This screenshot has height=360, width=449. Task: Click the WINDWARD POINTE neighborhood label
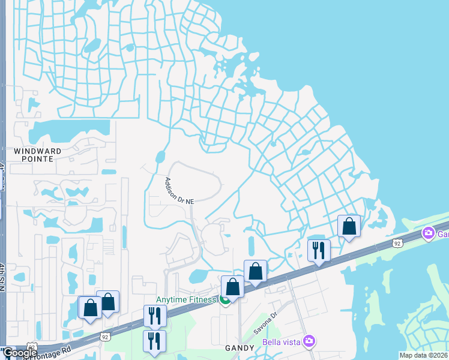click(x=34, y=155)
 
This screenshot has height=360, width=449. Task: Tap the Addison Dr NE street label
click(x=179, y=190)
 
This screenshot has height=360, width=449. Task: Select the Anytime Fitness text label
click(x=186, y=300)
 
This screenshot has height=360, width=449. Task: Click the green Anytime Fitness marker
click(x=224, y=301)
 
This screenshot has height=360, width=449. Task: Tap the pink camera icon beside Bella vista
click(x=309, y=341)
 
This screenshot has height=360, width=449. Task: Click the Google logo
click(x=19, y=353)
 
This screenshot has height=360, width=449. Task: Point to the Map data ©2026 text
click(x=424, y=355)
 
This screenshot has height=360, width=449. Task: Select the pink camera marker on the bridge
click(x=428, y=233)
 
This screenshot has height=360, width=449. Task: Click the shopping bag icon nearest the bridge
click(x=349, y=226)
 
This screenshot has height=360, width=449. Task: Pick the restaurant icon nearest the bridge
click(x=319, y=250)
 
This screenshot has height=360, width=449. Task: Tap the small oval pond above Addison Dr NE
click(x=160, y=157)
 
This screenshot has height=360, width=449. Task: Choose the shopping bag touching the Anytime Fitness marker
click(x=233, y=287)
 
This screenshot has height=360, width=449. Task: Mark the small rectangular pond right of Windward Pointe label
click(x=109, y=172)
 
